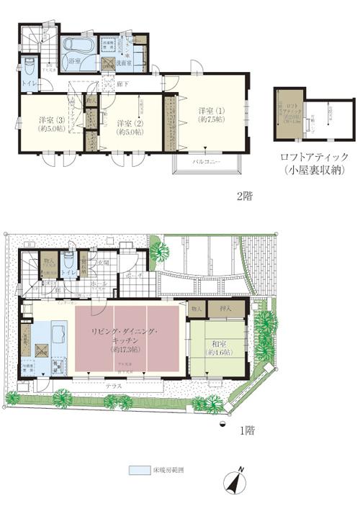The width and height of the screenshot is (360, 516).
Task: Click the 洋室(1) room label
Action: [x=212, y=110]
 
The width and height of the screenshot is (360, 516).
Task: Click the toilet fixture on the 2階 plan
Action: [x=29, y=69]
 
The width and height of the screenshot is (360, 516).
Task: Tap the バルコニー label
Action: [x=207, y=163]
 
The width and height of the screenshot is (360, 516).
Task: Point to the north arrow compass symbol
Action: [x=236, y=484]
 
